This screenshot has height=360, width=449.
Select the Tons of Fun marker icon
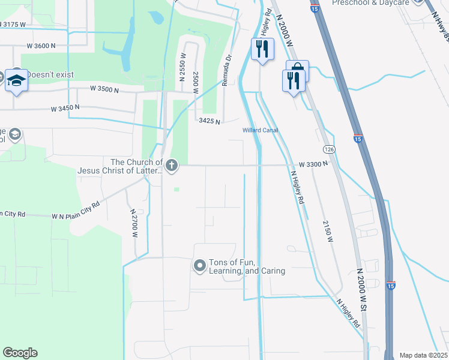point(200,265)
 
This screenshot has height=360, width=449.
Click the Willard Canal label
point(260,130)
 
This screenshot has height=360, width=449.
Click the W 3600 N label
point(41,46)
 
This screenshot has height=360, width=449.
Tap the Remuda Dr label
point(227,71)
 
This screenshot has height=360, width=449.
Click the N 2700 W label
point(134,223)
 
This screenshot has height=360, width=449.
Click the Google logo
point(20,353)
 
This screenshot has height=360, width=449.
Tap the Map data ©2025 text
point(424,355)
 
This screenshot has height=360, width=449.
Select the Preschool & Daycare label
point(370,3)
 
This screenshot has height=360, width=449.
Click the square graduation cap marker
point(17,80)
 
